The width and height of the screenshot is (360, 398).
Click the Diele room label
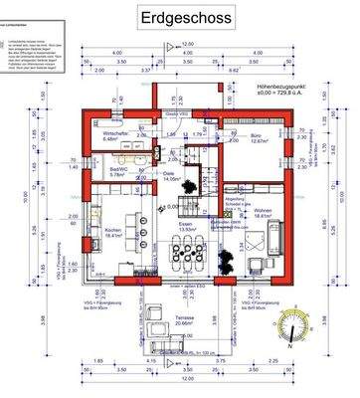pyautogui.click(x=169, y=172)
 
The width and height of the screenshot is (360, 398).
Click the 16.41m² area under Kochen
pyautogui.click(x=111, y=237)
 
